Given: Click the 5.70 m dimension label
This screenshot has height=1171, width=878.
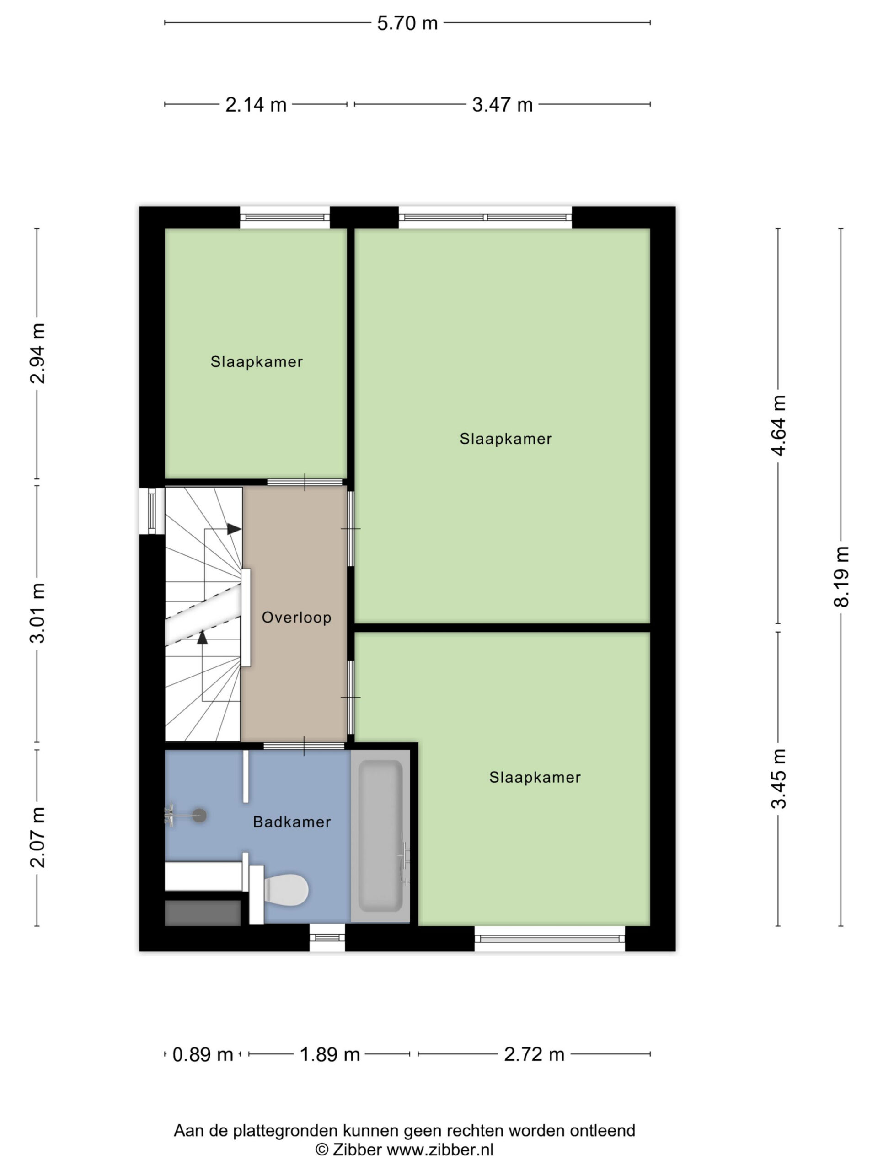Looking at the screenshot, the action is point(407,23).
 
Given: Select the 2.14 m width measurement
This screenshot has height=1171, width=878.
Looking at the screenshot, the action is point(256,105).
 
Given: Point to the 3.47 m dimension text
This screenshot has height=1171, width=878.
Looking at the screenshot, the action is point(502,105).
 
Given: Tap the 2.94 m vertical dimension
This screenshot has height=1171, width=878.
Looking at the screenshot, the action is point(37,353).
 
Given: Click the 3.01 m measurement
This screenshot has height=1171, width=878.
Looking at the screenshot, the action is point(37,612).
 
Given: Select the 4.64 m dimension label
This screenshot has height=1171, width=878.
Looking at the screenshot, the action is point(778,425).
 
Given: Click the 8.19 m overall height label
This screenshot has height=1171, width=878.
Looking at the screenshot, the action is point(841,576).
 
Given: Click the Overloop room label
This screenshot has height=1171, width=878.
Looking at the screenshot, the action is point(296,617).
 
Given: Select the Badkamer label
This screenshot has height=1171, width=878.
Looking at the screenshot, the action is point(292,822).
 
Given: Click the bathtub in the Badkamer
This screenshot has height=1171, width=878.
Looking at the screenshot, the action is point(380,837).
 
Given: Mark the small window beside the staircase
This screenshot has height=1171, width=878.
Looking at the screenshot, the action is point(151,510).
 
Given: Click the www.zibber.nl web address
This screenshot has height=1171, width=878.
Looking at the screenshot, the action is point(440,1150).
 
